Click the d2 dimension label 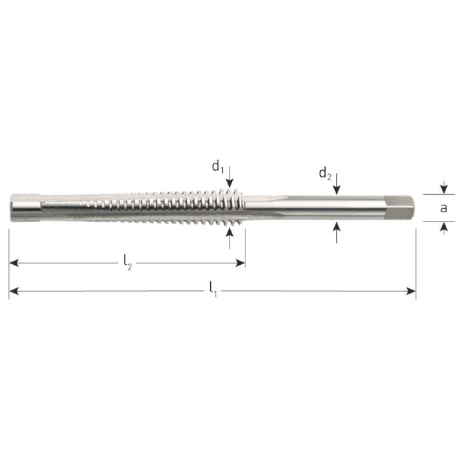click(x=325, y=175)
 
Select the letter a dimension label click(x=444, y=208)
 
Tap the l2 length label click(x=127, y=264)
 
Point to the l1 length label click(x=212, y=290)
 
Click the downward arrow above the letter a click(x=444, y=189)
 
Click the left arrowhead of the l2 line click(x=13, y=264)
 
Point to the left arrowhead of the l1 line click(x=13, y=290)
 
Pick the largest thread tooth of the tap click(x=231, y=207)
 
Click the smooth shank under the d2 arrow click(x=338, y=208)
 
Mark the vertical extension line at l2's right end click(x=245, y=247)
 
